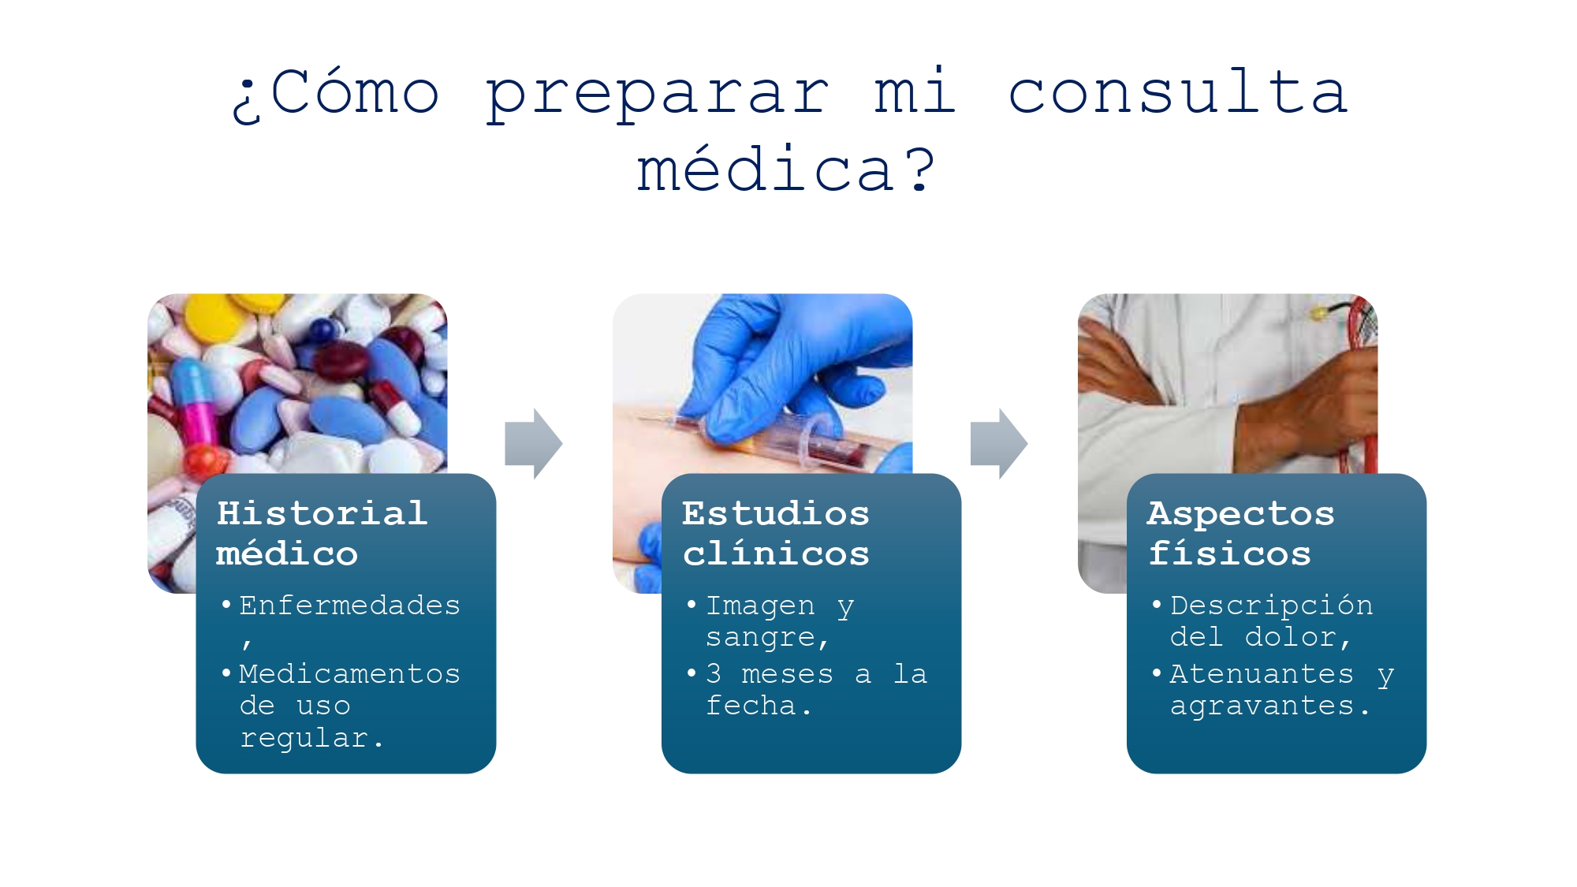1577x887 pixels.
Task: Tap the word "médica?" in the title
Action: coord(785,170)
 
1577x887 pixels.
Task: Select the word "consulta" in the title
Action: coord(1178,92)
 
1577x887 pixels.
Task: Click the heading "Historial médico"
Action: coord(322,533)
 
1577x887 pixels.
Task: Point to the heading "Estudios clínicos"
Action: coord(776,533)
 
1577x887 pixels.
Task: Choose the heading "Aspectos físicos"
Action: coord(1240,533)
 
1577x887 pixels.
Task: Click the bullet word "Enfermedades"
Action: coord(349,606)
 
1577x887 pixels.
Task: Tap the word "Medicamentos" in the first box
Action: coord(349,674)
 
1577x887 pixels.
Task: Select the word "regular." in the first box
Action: coord(311,738)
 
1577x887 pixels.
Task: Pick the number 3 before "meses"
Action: coord(714,674)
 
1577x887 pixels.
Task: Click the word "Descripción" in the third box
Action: coord(1271,606)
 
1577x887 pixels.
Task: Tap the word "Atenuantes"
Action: coord(1262,674)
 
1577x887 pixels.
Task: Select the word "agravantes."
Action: coord(1269,706)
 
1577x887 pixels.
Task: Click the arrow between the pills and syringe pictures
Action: coord(534,444)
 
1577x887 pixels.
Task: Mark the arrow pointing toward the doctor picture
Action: coord(999,444)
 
